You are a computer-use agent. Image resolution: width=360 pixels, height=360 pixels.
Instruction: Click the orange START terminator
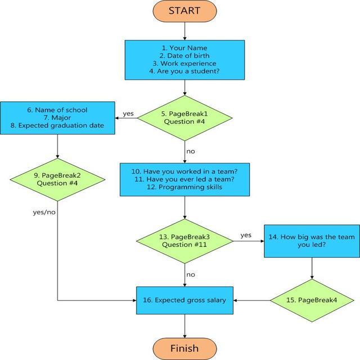[x=184, y=11]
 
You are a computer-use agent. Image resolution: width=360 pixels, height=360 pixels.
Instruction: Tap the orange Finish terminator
[x=184, y=348]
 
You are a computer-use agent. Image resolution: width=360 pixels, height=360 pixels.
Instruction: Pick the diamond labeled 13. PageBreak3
[x=184, y=240]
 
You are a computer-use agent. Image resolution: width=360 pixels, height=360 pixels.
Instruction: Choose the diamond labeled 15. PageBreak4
[x=312, y=300]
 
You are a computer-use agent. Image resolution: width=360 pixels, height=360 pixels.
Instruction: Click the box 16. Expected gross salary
[x=184, y=300]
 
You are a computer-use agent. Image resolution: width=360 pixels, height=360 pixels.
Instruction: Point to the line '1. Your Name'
[x=184, y=48]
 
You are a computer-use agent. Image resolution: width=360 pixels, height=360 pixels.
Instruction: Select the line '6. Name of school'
[x=58, y=109]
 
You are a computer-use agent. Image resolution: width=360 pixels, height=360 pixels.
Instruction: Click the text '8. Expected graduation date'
[x=58, y=125]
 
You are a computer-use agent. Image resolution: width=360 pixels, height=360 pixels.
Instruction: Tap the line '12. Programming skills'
[x=184, y=187]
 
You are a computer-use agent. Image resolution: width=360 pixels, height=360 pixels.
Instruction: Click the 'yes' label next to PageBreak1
[x=128, y=114]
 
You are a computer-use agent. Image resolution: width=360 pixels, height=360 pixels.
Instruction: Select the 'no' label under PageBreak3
[x=191, y=274]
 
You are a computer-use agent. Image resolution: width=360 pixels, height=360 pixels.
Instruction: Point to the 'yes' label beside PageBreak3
[x=246, y=235]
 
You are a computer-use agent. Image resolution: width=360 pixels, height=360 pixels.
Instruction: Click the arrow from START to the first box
[x=184, y=30]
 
